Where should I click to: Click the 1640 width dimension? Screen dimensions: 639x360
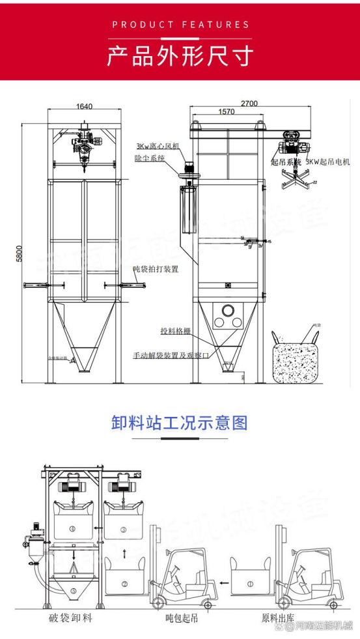tap(84, 107)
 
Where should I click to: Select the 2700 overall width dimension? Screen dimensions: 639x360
tap(249, 102)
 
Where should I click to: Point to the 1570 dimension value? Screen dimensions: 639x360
tap(226, 112)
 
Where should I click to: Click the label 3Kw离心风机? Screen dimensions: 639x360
tap(158, 147)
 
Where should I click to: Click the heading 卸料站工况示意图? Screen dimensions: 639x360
tap(179, 423)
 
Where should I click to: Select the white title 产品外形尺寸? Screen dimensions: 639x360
tap(180, 57)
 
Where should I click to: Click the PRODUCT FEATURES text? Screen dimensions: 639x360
tap(180, 25)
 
